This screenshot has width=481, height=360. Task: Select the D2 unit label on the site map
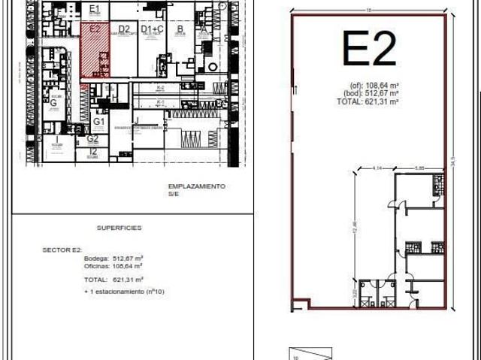point(124,29)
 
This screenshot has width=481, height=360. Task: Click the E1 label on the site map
point(94,8)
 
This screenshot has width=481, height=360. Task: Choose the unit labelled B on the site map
point(180,30)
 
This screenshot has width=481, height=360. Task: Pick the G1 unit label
point(99,120)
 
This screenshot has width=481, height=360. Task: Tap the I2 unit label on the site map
point(92,151)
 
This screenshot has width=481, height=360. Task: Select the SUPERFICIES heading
point(119,227)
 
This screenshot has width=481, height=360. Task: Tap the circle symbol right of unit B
point(212,67)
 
